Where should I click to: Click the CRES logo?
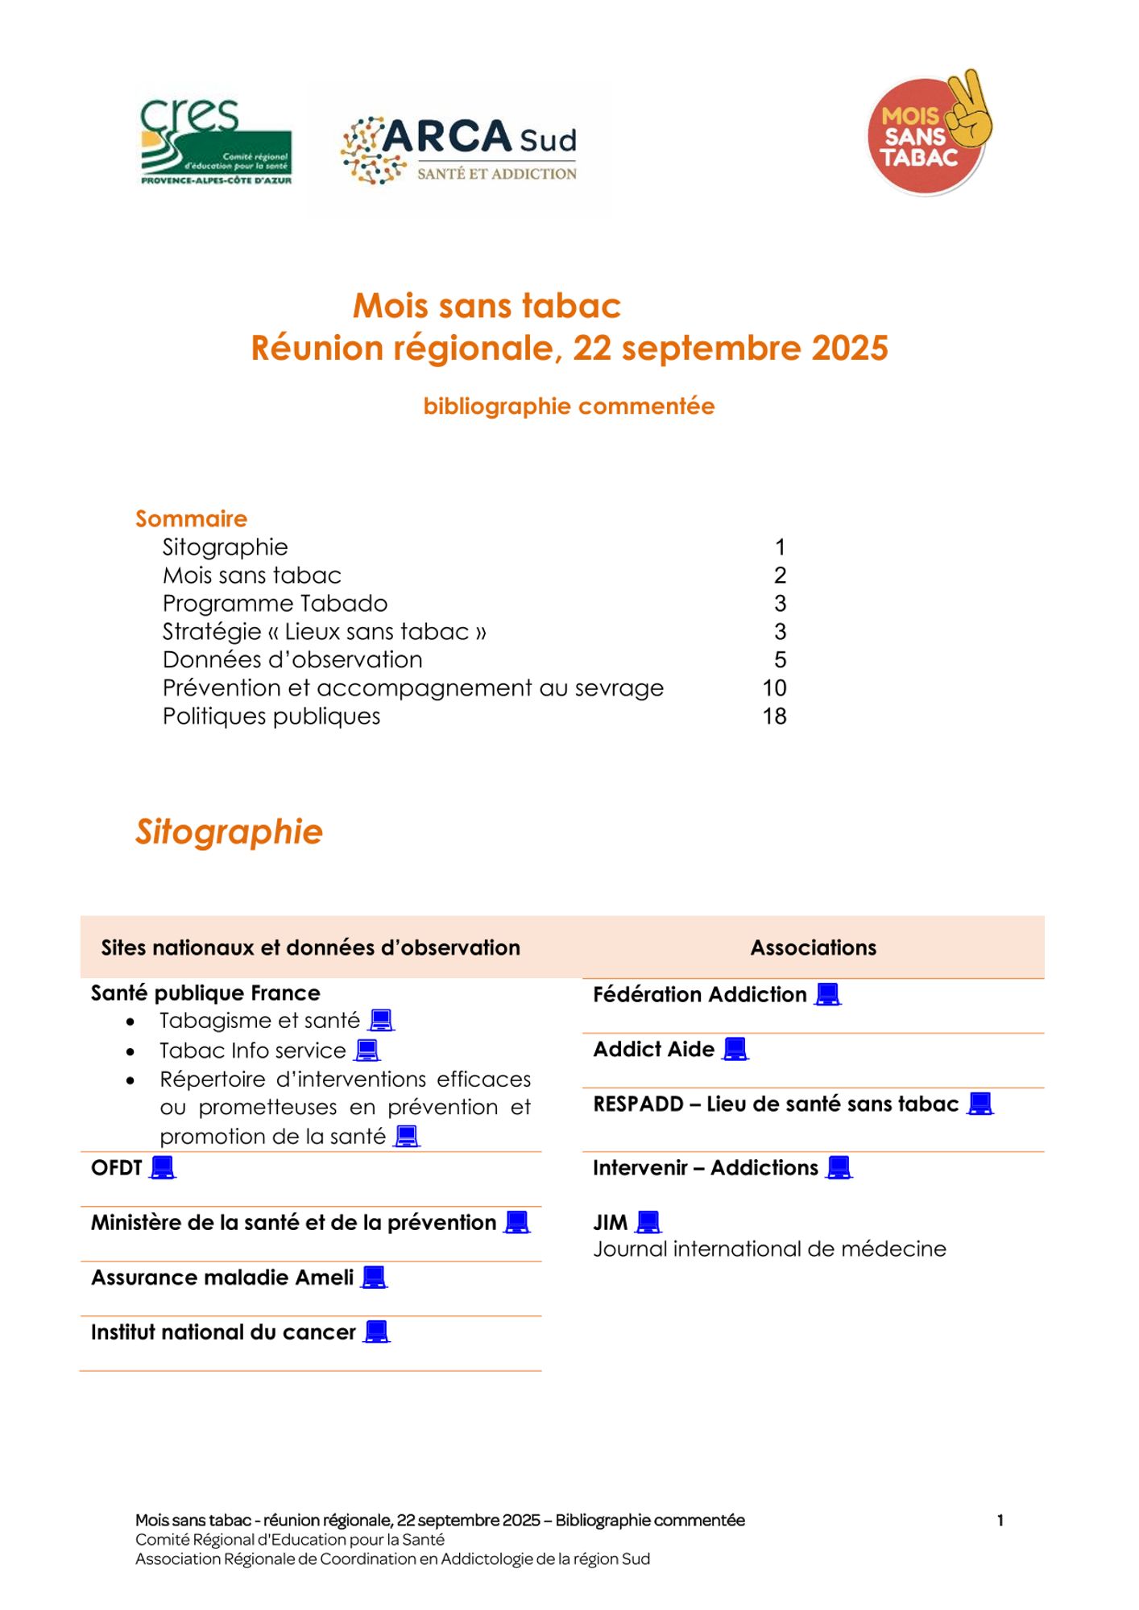coord(216,142)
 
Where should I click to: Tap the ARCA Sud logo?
coord(459,150)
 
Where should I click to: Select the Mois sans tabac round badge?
coord(928,134)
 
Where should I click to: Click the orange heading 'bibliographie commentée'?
coord(569,407)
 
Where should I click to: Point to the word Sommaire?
coord(191,518)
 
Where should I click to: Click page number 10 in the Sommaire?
coord(774,687)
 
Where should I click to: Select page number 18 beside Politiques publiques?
coord(774,716)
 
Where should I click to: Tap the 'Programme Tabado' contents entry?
coord(275,603)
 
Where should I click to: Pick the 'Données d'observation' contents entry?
coord(292,659)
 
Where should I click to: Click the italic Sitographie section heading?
coord(229,832)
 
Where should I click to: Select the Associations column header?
coord(813,947)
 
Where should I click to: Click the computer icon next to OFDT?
coord(163,1167)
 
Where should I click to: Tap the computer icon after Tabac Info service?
coord(367,1051)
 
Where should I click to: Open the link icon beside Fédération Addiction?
coord(828,995)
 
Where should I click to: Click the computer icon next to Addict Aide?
coord(735,1049)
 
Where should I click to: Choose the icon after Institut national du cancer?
coord(377,1332)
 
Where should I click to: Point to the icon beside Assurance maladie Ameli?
coord(375,1278)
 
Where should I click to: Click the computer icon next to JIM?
coord(648,1223)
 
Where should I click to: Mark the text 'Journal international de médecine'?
coord(769,1249)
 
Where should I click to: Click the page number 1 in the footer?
coord(1000,1520)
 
